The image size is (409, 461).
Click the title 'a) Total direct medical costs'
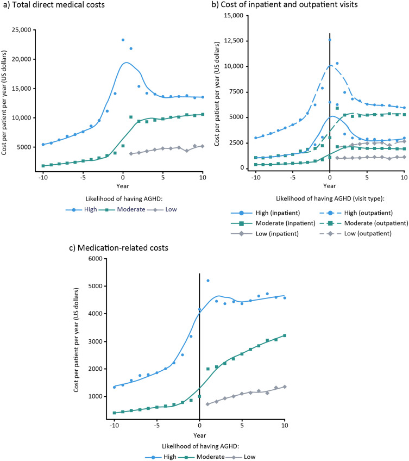pos(53,5)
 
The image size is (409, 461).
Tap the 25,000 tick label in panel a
pos(21,30)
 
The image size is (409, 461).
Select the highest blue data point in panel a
pos(123,40)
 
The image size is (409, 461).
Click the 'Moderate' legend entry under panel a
pos(122,209)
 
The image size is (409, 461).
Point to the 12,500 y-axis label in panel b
pos(234,41)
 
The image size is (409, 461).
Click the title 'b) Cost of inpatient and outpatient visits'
pos(285,5)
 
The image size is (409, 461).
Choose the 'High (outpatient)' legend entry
pos(356,213)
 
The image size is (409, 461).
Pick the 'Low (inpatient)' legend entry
pos(265,234)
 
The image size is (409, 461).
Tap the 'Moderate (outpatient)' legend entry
pos(364,223)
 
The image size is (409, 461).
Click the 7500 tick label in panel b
pos(236,92)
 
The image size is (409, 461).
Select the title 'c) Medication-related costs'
pos(119,248)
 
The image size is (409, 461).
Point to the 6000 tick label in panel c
pos(96,259)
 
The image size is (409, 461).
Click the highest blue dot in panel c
pos(208,281)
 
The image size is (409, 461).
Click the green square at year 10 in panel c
pos(285,335)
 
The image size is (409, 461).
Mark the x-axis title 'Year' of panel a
pos(123,186)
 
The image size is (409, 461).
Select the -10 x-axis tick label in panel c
pos(114,426)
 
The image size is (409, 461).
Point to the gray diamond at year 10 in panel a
pos(203,146)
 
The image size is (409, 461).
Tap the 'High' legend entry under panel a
pos(81,209)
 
